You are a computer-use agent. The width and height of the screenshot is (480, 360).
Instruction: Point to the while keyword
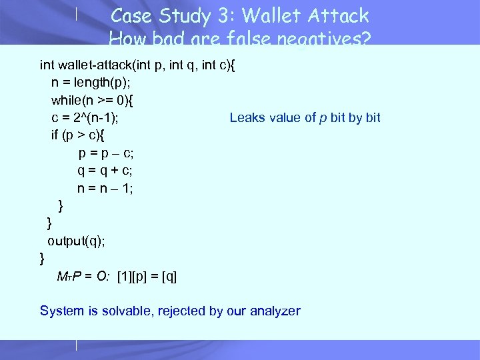[66, 100]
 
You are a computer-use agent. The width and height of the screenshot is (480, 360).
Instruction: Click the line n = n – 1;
[105, 188]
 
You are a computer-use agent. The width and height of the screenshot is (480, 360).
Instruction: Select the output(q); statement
[75, 240]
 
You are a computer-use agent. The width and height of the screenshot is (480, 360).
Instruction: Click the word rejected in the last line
[181, 311]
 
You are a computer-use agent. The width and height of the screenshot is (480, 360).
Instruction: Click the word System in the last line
[62, 311]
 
